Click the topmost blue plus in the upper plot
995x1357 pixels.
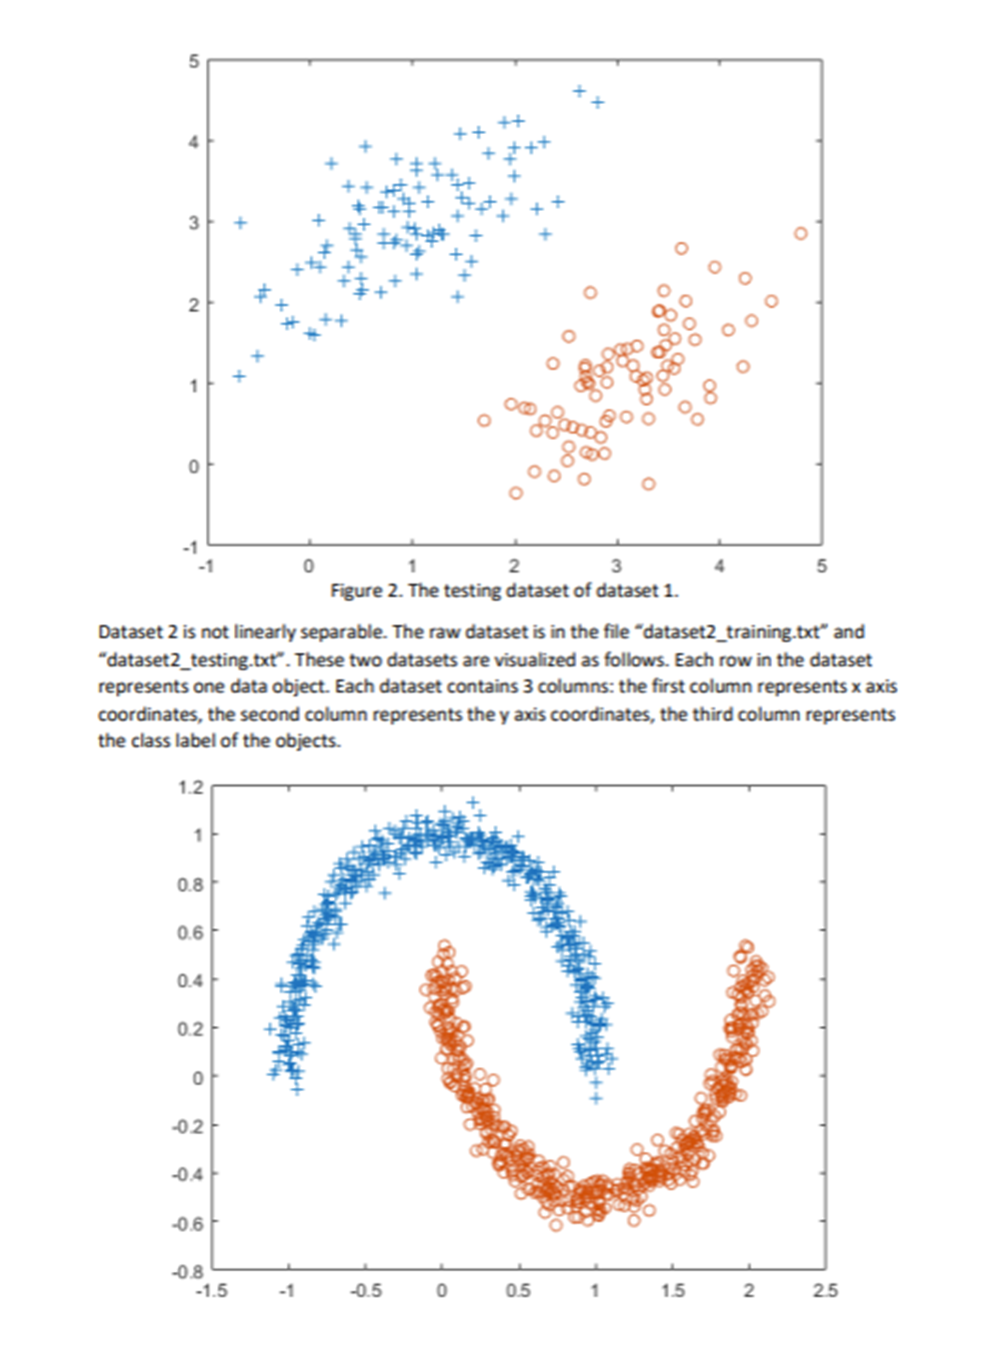579,91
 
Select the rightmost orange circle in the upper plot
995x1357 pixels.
800,234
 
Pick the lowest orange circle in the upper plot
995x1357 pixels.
516,493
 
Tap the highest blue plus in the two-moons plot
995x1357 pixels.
473,801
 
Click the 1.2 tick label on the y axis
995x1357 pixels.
190,787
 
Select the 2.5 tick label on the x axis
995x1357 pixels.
825,1291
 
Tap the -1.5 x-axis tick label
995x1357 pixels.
211,1291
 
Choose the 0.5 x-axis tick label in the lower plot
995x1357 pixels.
518,1291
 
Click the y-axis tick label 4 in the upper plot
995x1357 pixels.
193,142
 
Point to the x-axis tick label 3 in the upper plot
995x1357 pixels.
616,567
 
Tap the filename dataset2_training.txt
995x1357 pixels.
734,632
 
